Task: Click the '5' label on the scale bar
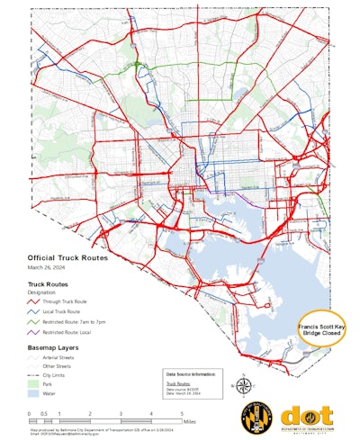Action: (x=183, y=413)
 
